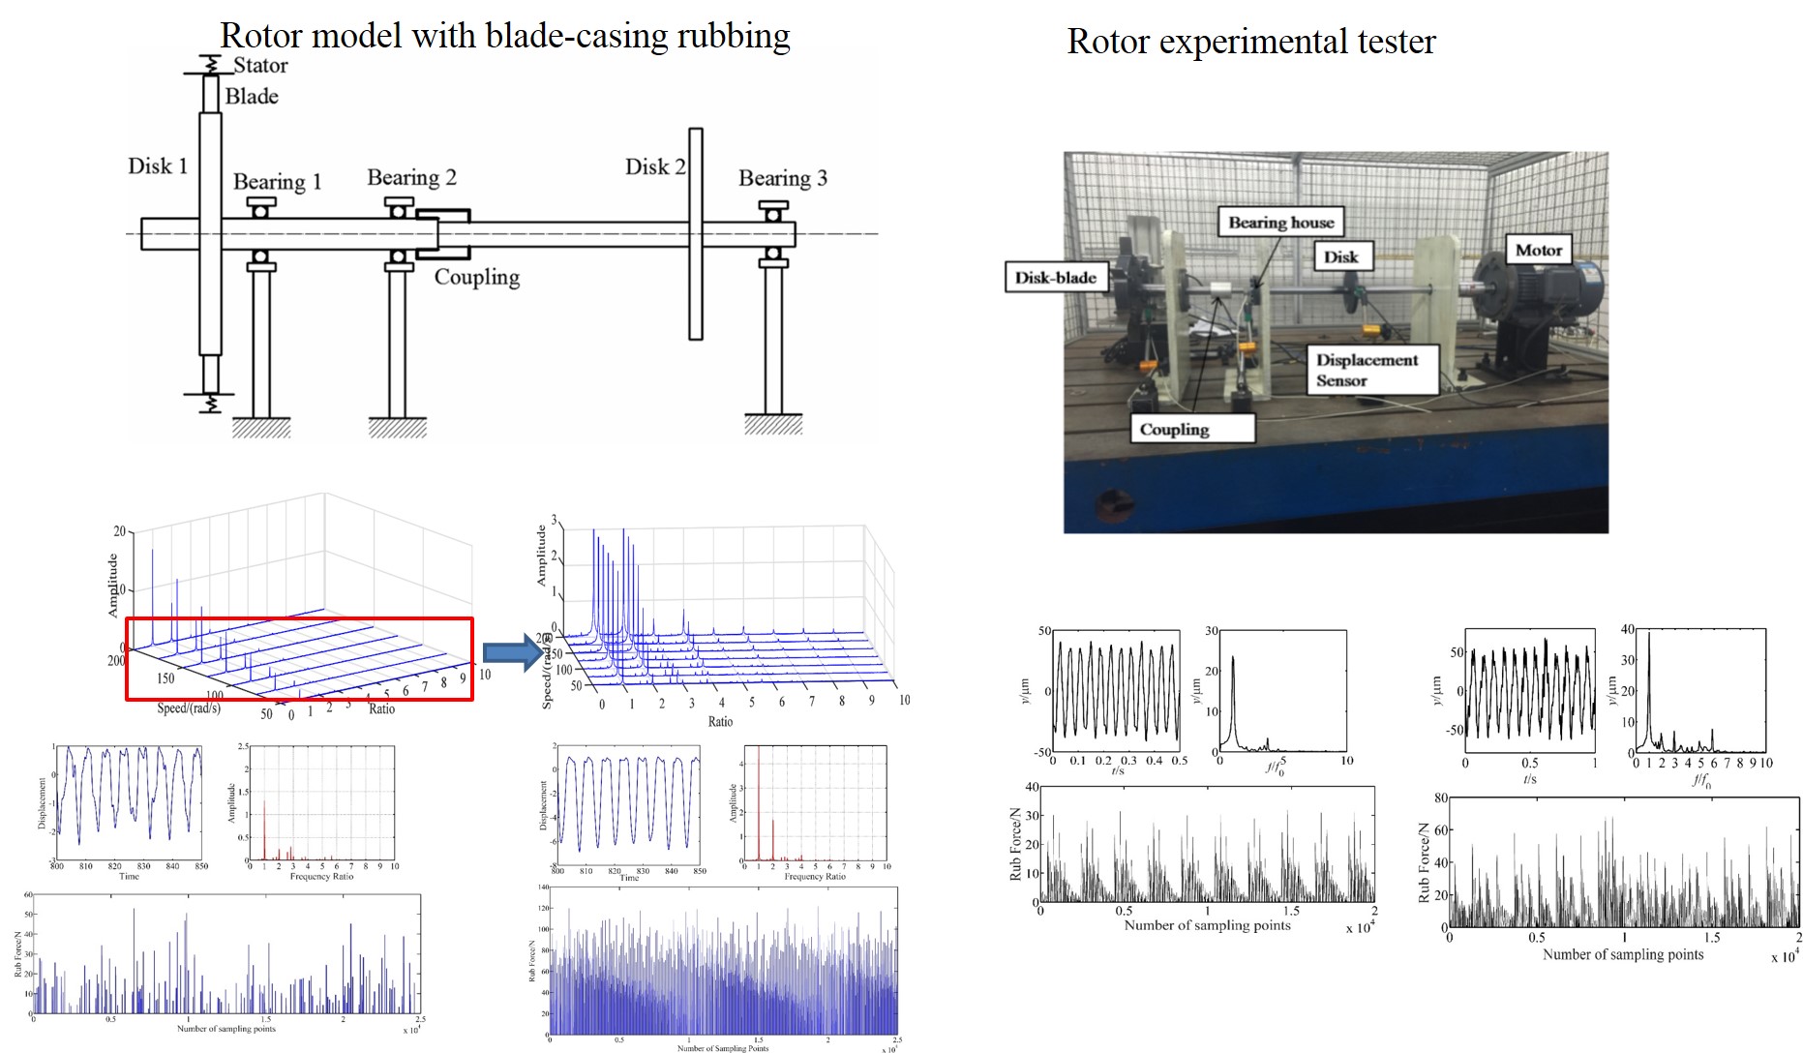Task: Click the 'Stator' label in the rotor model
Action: coord(259,66)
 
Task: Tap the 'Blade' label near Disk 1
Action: coord(252,97)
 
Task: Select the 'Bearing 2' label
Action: coord(411,178)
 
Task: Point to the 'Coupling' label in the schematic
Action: coord(476,278)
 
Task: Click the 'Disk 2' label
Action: coord(654,167)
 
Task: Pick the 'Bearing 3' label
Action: coord(782,178)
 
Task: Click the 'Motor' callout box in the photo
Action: coord(1538,250)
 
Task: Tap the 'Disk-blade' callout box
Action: coord(1055,278)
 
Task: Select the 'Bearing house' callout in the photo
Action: coord(1280,223)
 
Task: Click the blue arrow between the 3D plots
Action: coord(511,651)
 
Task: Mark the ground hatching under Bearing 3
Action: coord(772,426)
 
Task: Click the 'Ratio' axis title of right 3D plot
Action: coord(720,722)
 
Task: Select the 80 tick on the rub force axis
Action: coord(1440,798)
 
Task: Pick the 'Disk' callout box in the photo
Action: coord(1340,256)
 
